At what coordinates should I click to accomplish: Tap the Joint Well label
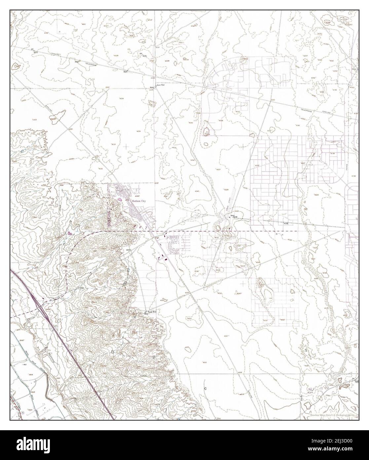click(x=161, y=85)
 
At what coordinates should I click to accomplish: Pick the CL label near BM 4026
click(x=129, y=50)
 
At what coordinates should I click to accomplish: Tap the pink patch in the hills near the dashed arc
click(x=70, y=233)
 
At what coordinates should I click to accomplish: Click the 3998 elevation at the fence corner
click(x=61, y=185)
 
